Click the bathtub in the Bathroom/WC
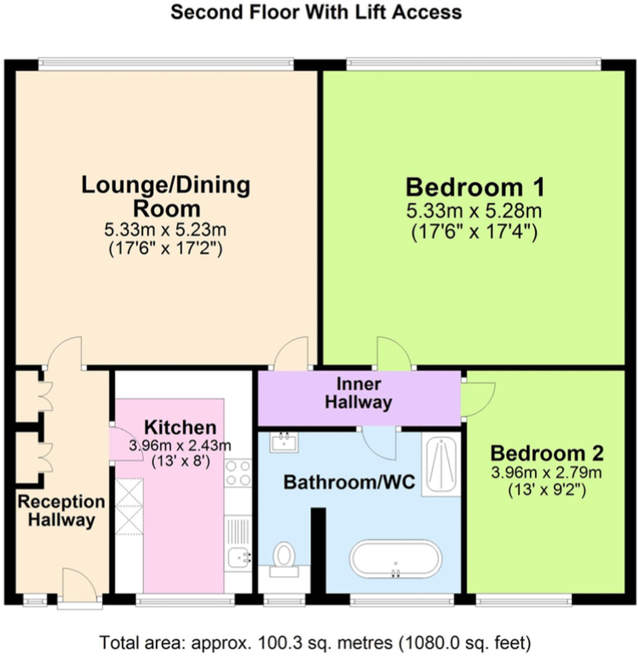395,559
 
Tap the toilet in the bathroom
284,555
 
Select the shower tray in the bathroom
441,464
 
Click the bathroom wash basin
284,442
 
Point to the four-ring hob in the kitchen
237,473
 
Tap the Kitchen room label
180,427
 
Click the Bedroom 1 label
475,187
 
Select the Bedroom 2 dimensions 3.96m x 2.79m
546,473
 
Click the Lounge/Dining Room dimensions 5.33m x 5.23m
165,230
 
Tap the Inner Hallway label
358,393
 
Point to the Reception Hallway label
61,511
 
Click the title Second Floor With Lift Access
316,12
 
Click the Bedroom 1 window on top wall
473,65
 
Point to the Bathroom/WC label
349,482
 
